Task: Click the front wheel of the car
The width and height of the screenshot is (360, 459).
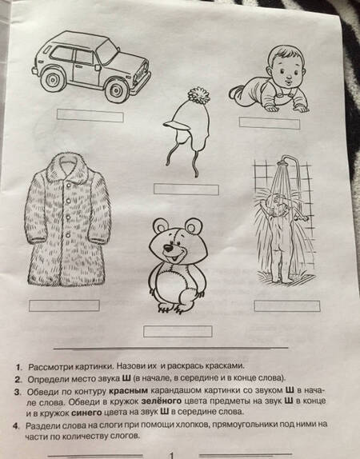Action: coord(116,90)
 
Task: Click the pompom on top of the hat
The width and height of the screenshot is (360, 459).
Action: coord(199,95)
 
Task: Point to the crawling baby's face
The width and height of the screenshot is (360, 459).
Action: coord(286,73)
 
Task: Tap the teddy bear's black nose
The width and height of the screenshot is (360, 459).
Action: coord(169,248)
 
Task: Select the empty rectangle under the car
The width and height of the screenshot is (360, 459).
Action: coord(90,115)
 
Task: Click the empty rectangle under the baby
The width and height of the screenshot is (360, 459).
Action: coord(270,122)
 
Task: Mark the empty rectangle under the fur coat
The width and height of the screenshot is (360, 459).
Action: coord(64,305)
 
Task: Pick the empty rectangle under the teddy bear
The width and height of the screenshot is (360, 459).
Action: coord(178,331)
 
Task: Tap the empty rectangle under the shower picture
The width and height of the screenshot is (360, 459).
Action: coord(287,306)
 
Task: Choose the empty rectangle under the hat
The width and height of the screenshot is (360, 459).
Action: coord(186,189)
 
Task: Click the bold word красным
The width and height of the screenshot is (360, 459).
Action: coord(128,391)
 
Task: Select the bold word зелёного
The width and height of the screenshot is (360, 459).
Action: coord(162,401)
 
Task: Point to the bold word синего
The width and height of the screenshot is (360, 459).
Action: coord(86,413)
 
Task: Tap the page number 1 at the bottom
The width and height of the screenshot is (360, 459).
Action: coord(172,455)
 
